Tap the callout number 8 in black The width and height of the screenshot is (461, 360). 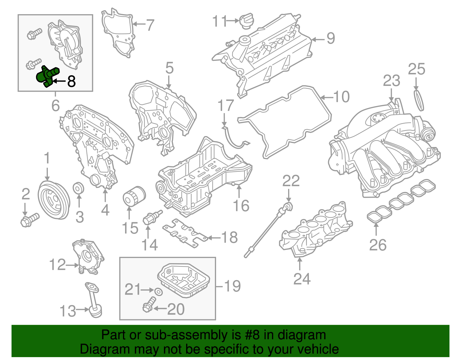pyautogui.click(x=71, y=82)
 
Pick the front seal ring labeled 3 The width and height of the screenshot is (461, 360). pyautogui.click(x=78, y=188)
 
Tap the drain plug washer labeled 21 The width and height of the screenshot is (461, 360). pyautogui.click(x=158, y=291)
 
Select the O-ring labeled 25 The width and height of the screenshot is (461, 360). pyautogui.click(x=419, y=101)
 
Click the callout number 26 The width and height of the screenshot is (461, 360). pyautogui.click(x=378, y=245)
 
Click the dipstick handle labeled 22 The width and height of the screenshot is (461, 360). pyautogui.click(x=288, y=207)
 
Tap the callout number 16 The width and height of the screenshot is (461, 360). pyautogui.click(x=241, y=206)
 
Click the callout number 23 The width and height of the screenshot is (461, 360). pyautogui.click(x=391, y=81)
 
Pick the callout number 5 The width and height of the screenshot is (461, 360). pyautogui.click(x=169, y=68)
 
